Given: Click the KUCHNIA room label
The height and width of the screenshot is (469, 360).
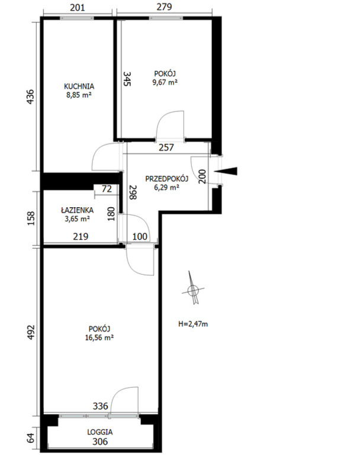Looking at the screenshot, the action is tap(79, 86).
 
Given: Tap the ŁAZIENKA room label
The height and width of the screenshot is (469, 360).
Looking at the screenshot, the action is tap(77, 210).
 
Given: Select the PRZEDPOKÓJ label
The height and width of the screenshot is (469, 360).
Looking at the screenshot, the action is tap(166, 179).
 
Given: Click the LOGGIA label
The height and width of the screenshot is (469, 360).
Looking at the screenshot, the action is tap(100, 432).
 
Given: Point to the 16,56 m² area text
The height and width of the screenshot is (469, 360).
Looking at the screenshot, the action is tap(99, 338).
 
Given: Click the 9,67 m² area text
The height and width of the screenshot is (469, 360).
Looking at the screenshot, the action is tap(165, 82).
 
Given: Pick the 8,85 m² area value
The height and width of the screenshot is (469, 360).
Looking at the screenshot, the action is tap(79, 95).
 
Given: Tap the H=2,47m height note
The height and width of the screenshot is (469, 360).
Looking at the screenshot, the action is tap(193, 324).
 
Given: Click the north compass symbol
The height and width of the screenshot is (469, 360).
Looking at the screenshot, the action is tap(193, 288).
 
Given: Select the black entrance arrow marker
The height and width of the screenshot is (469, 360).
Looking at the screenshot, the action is tap(226, 171).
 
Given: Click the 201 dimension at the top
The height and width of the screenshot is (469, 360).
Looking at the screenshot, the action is tap(78, 7).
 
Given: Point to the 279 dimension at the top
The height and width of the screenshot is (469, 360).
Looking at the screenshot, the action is tap(164, 7).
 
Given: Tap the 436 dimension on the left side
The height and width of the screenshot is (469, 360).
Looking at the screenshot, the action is tap(31, 97).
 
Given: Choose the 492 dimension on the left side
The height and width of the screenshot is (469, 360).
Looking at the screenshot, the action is tap(31, 332).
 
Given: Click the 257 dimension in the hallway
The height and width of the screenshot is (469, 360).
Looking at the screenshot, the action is tap(166, 147).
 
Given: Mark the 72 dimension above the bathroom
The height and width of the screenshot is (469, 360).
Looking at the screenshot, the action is tap(107, 189).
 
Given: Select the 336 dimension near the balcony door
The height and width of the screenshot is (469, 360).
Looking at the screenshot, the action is tap(100, 406).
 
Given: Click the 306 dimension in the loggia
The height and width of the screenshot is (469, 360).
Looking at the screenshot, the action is tap(100, 442).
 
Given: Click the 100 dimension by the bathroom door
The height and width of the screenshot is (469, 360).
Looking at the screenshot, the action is tap(140, 237).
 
